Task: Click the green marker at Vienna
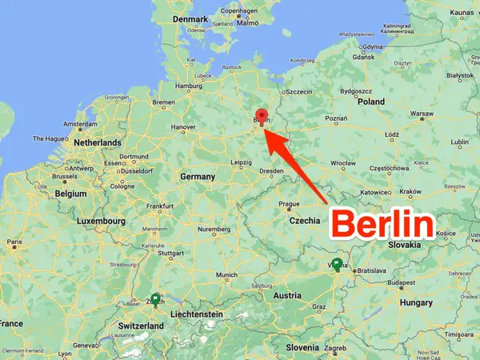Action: [337, 266]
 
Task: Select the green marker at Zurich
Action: [154, 300]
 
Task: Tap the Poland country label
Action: [370, 102]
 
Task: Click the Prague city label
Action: [289, 203]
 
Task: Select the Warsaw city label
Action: [422, 113]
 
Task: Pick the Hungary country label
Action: [417, 303]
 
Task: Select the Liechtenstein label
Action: [191, 314]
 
